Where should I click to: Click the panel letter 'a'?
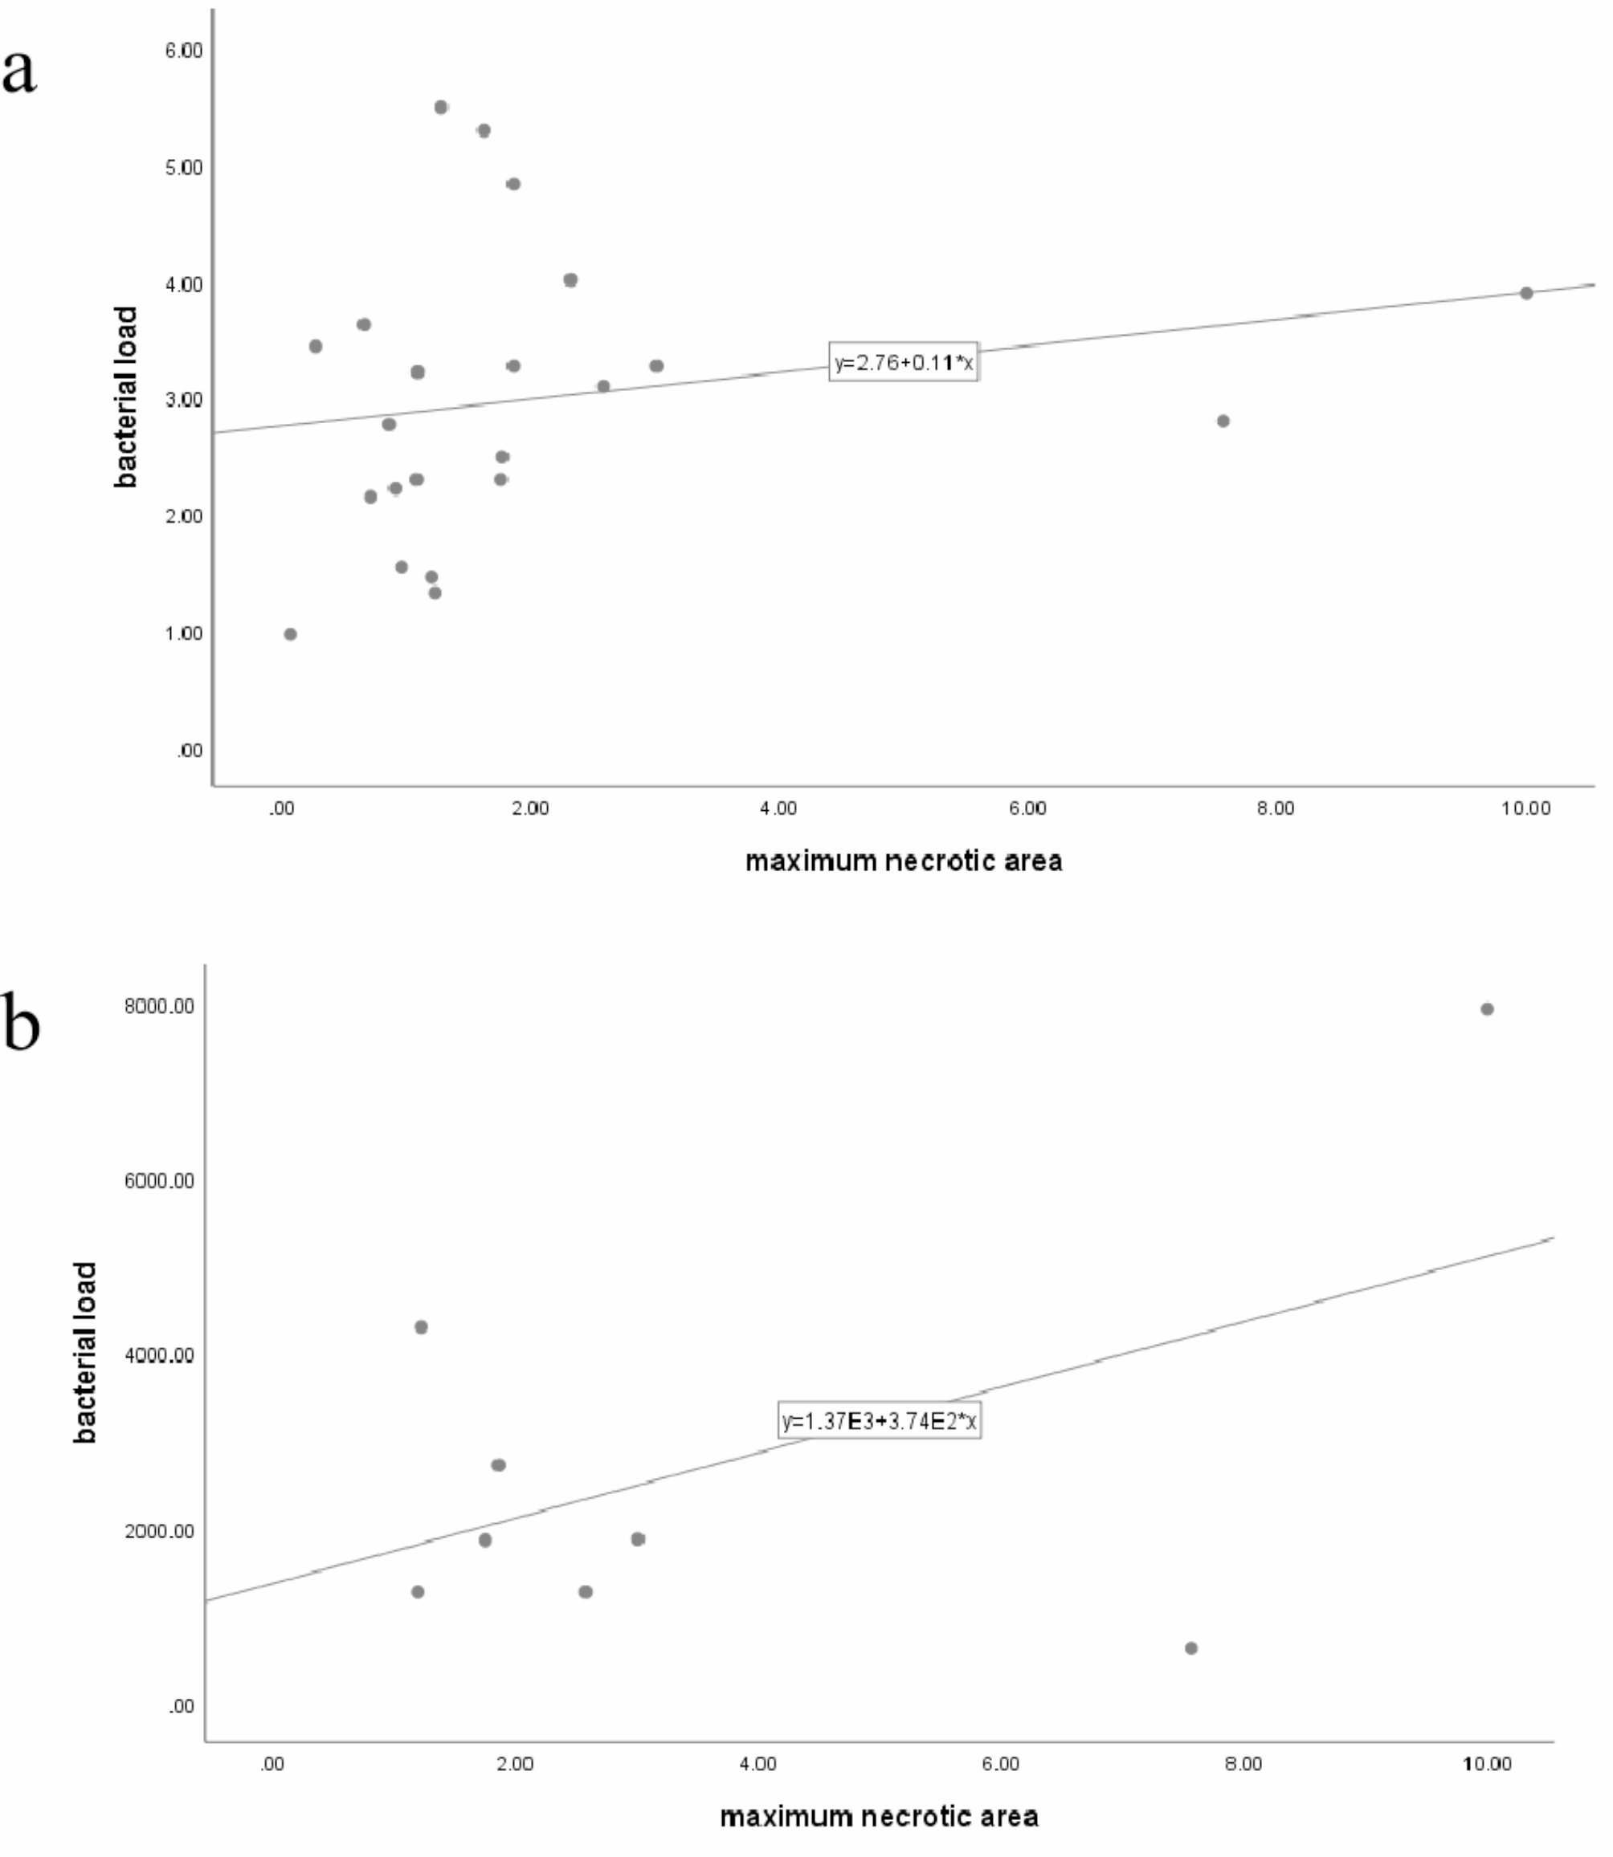pyautogui.click(x=20, y=72)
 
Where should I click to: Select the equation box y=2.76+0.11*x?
pyautogui.click(x=904, y=363)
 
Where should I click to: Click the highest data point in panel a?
pyautogui.click(x=441, y=107)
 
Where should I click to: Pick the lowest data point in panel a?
pyautogui.click(x=290, y=634)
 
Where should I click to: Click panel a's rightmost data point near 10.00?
pyautogui.click(x=1525, y=293)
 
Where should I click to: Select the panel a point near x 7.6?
pyautogui.click(x=1223, y=421)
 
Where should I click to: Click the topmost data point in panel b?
pyautogui.click(x=1487, y=1009)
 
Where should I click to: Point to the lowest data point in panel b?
pyautogui.click(x=1190, y=1648)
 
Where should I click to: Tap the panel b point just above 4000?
pyautogui.click(x=420, y=1327)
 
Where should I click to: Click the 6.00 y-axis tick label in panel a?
pyautogui.click(x=184, y=51)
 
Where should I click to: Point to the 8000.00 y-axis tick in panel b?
pyautogui.click(x=159, y=1006)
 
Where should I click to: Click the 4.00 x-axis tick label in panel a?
pyautogui.click(x=778, y=808)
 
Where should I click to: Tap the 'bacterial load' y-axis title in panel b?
pyautogui.click(x=85, y=1352)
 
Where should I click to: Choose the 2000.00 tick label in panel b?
pyautogui.click(x=159, y=1531)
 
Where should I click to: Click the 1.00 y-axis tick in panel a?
pyautogui.click(x=184, y=633)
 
